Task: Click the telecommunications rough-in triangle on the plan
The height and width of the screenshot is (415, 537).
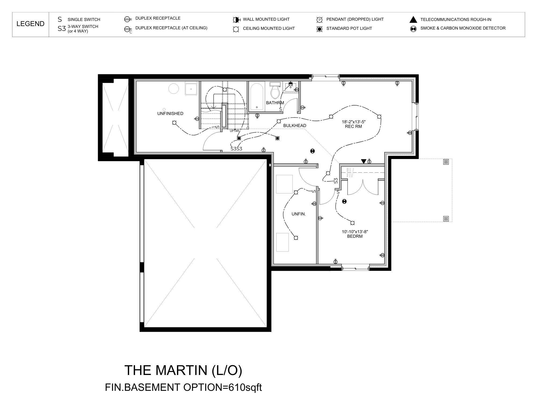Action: click(x=364, y=161)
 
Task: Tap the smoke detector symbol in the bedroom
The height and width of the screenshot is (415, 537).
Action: click(x=344, y=201)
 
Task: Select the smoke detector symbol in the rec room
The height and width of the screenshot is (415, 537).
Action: click(x=312, y=151)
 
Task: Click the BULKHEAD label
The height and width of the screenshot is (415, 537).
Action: click(x=295, y=125)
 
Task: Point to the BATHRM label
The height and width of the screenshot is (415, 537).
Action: click(x=275, y=103)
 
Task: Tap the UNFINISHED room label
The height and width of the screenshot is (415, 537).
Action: click(x=170, y=113)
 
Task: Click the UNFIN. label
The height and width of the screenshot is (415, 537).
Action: click(x=299, y=214)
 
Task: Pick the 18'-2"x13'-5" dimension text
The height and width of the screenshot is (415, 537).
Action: click(x=354, y=122)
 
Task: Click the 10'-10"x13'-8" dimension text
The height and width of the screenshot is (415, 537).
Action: click(x=355, y=232)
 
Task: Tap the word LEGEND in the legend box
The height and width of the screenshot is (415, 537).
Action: click(x=30, y=24)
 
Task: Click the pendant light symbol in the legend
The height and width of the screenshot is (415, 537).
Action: click(x=320, y=20)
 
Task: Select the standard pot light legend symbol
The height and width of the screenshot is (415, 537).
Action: click(x=320, y=28)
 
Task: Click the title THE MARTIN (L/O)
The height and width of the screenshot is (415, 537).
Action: click(x=183, y=370)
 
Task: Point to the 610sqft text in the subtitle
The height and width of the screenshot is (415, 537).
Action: click(x=245, y=387)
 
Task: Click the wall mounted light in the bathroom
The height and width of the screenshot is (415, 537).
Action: click(x=290, y=84)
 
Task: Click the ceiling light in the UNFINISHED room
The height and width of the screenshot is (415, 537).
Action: click(x=174, y=123)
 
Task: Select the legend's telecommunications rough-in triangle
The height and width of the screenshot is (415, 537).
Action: click(x=413, y=20)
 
